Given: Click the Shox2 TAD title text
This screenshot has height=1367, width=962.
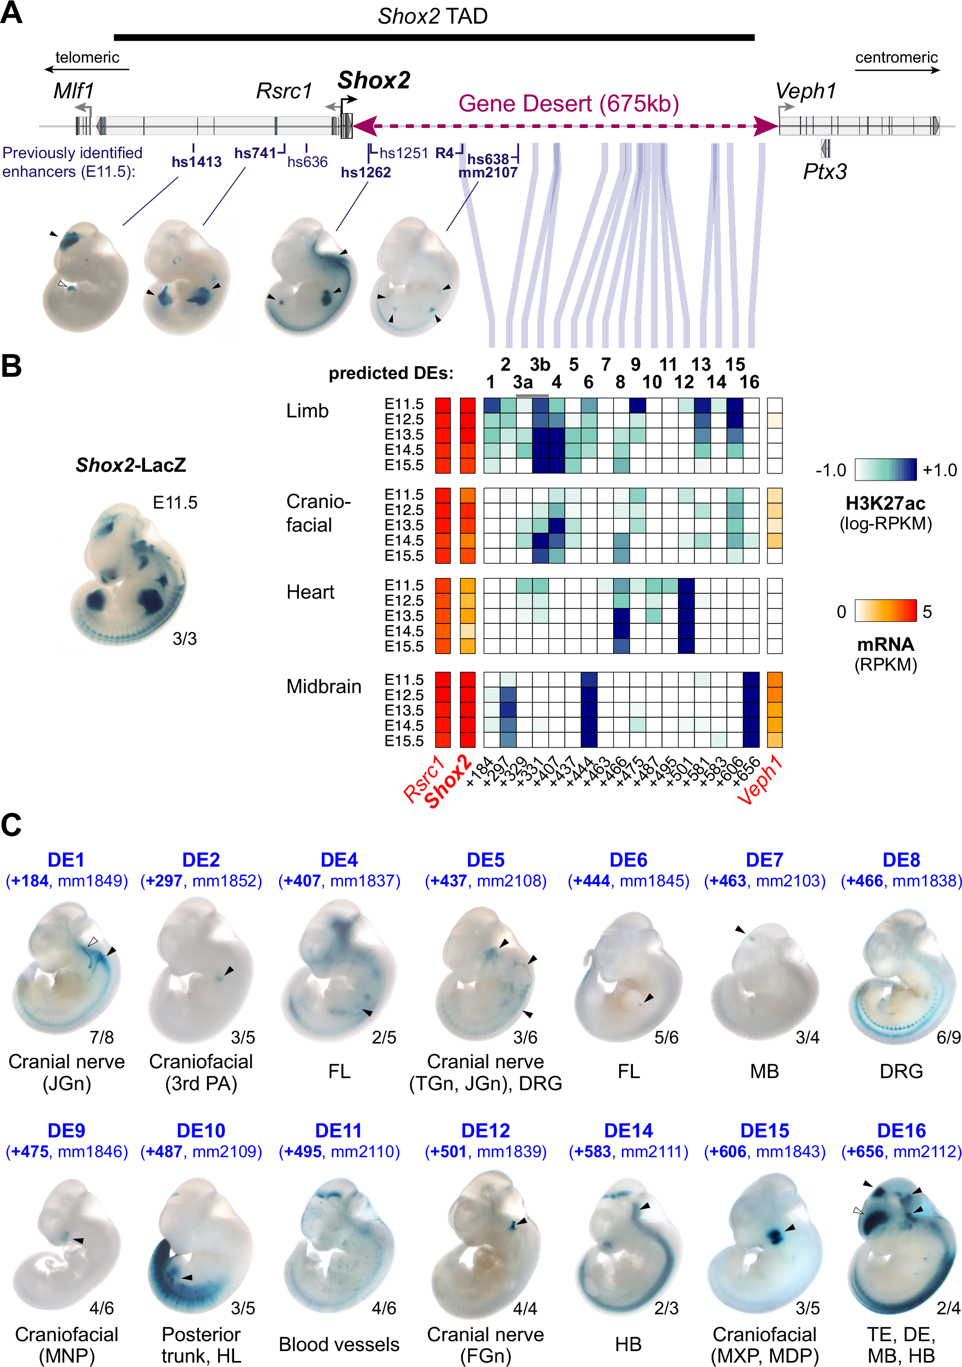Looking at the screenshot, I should point(432,16).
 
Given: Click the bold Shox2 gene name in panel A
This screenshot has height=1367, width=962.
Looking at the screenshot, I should point(374,80).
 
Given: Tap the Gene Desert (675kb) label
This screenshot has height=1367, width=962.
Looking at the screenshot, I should point(568,104).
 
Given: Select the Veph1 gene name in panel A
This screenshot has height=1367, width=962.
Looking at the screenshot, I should point(805,91).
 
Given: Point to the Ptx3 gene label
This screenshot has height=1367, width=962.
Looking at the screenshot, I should point(825,171).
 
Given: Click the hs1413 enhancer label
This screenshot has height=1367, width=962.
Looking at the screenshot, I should point(196,162).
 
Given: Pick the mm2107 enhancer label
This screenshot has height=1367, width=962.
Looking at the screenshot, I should point(487,172).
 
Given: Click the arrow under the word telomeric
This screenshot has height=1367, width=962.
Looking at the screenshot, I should point(86,70).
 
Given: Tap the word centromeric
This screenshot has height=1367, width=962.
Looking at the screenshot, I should point(896,57).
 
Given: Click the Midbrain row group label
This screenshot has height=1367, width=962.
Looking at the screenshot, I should point(324,687).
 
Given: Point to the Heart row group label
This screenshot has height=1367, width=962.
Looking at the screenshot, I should point(310,592).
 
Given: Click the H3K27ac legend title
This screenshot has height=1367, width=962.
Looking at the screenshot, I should point(885,504).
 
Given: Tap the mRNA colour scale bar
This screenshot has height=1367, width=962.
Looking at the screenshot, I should point(885,611).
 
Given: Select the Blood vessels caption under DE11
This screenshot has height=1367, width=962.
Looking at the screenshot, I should point(339,1344).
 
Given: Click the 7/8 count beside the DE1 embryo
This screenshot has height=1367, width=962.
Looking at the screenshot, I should point(101,1038).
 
